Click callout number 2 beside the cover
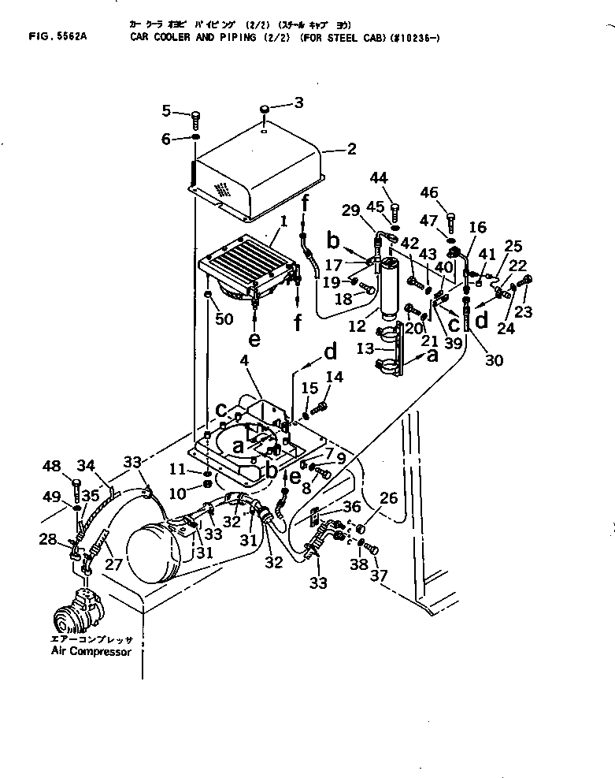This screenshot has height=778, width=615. pyautogui.click(x=351, y=147)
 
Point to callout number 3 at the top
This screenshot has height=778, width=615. pyautogui.click(x=298, y=102)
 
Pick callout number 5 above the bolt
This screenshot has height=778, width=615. pyautogui.click(x=166, y=109)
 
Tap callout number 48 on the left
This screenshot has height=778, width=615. pyautogui.click(x=52, y=467)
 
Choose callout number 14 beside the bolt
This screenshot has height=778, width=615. pyautogui.click(x=335, y=378)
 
